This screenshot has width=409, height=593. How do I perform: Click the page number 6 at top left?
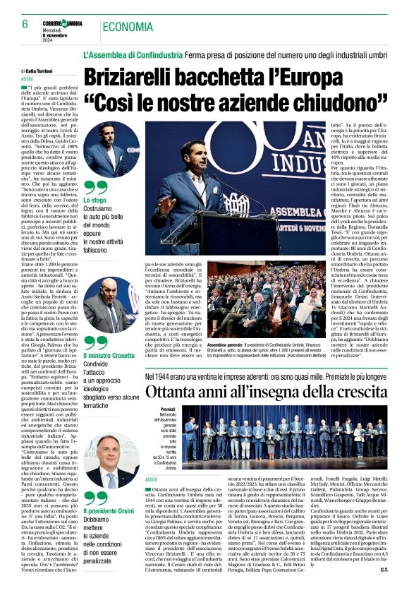(15, 24)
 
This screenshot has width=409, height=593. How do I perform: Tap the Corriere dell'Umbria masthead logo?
(68, 24)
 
